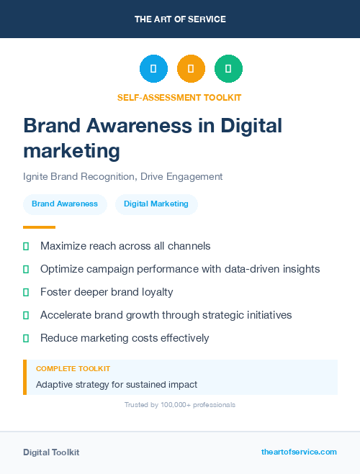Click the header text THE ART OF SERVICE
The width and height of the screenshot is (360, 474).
pyautogui.click(x=180, y=19)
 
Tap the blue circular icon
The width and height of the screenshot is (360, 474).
pyautogui.click(x=153, y=68)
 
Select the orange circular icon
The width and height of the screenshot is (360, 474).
pyautogui.click(x=191, y=68)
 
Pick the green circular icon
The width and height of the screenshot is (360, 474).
pyautogui.click(x=228, y=68)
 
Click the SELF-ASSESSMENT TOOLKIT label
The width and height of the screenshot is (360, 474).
pyautogui.click(x=179, y=97)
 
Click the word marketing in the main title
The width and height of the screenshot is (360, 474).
pyautogui.click(x=71, y=150)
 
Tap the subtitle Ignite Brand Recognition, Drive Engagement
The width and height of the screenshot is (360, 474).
pyautogui.click(x=123, y=176)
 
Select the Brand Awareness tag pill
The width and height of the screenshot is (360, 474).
pyautogui.click(x=65, y=204)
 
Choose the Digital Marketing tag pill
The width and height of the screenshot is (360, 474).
pyautogui.click(x=156, y=204)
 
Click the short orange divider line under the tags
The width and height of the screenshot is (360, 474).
pyautogui.click(x=39, y=227)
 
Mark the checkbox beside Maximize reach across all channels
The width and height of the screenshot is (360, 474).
pyautogui.click(x=26, y=246)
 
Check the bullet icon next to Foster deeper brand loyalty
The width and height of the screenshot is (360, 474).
pyautogui.click(x=26, y=292)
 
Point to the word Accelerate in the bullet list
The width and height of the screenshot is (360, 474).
pyautogui.click(x=65, y=315)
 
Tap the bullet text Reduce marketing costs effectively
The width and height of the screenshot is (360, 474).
pyautogui.click(x=125, y=338)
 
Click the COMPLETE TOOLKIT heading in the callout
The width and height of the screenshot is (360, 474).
pyautogui.click(x=73, y=369)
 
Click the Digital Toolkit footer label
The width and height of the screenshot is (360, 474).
pyautogui.click(x=51, y=452)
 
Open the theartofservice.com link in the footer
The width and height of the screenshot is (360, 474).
pyautogui.click(x=299, y=452)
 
